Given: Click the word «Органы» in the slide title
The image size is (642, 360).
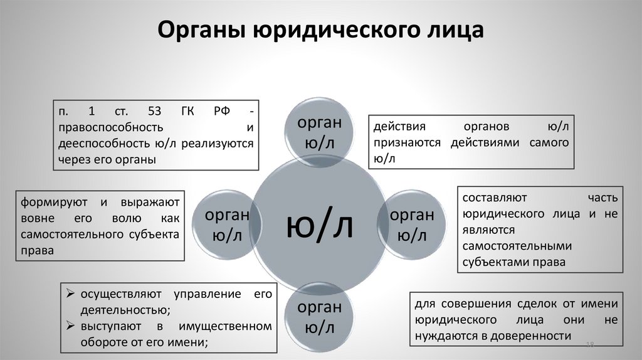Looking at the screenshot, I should (200, 30).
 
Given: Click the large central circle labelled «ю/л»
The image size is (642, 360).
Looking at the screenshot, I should (320, 226).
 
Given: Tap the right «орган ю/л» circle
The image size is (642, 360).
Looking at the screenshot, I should (412, 225).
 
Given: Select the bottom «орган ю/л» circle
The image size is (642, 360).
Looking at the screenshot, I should (320, 317).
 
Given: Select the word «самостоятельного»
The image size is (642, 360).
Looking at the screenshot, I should (75, 234).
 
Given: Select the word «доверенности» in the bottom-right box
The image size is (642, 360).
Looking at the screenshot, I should (533, 336).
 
